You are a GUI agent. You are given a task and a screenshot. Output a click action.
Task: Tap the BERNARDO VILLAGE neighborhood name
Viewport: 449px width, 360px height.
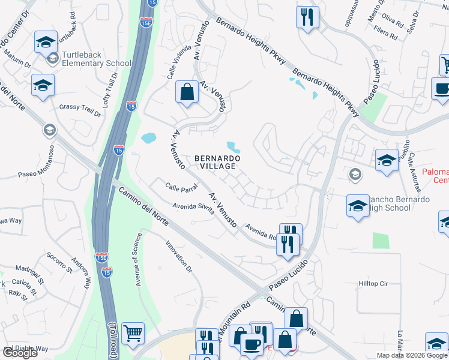(218, 162)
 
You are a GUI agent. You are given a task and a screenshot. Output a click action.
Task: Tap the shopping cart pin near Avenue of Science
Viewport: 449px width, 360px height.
(133, 333)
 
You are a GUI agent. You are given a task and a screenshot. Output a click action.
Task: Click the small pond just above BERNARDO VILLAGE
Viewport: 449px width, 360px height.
(233, 146)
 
